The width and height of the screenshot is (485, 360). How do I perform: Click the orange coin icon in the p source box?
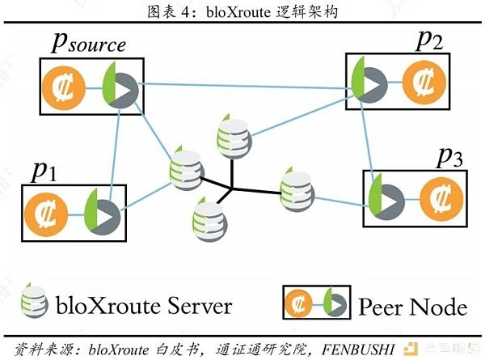point(64,88)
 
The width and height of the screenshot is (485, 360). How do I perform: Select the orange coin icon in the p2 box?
point(424,83)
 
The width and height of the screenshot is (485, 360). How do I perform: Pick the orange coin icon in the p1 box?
point(46,214)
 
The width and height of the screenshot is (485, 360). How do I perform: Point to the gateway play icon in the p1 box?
point(103,212)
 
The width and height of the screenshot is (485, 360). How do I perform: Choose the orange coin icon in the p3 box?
point(441,199)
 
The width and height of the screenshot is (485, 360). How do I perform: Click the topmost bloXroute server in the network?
point(234,136)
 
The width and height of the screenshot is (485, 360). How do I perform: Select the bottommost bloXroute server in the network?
point(209,219)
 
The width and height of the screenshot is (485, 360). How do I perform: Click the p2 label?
point(429,41)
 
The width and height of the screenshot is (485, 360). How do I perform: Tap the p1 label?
point(44,172)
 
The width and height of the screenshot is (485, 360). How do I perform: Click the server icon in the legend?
point(34,300)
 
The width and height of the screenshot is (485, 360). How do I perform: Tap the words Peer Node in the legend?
point(413,307)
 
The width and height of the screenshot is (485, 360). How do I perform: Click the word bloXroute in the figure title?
point(238,12)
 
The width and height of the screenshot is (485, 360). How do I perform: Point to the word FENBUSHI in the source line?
point(358,349)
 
